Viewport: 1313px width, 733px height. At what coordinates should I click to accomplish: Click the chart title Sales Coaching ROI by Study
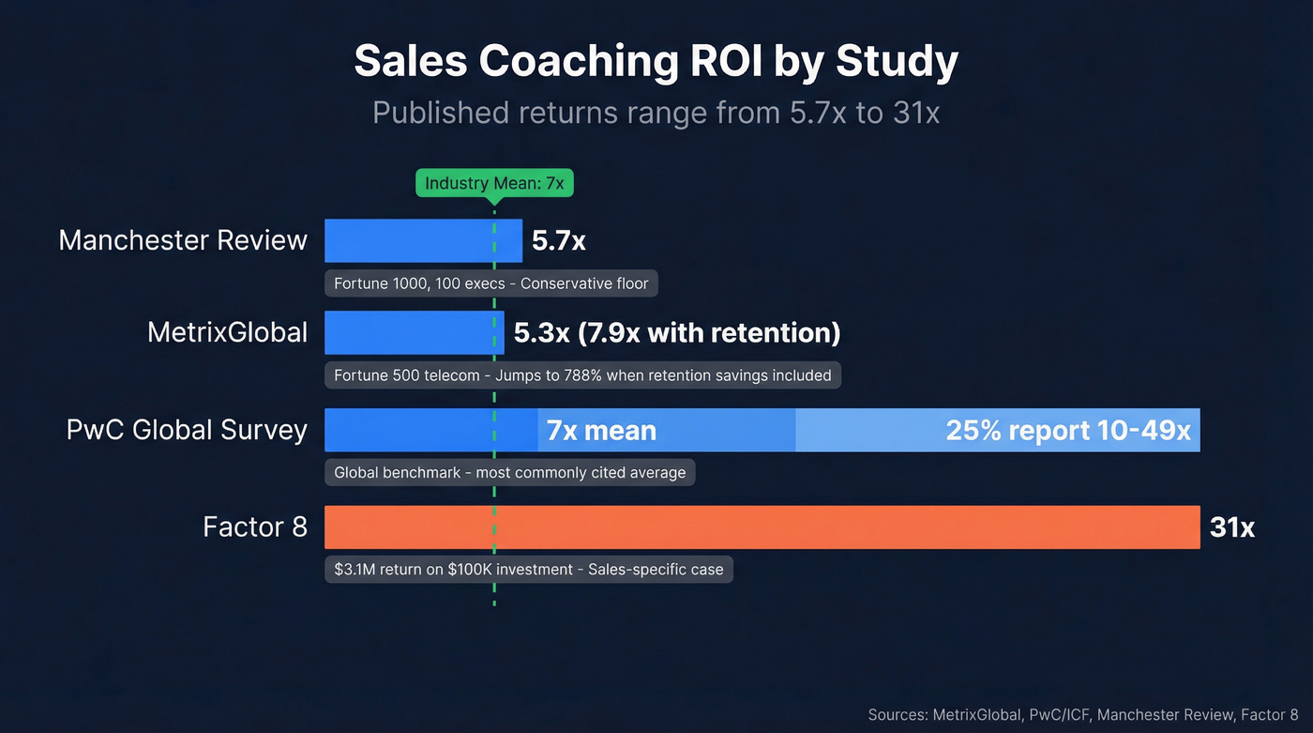656,62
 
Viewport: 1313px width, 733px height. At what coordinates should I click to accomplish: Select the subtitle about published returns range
656,113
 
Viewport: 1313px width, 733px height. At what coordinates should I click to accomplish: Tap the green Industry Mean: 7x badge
494,183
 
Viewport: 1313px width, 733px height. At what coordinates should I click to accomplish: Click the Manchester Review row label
183,240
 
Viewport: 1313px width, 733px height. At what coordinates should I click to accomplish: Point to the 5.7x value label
559,241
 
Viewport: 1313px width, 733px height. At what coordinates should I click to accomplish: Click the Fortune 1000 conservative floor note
491,283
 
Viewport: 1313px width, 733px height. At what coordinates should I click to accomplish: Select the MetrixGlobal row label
227,332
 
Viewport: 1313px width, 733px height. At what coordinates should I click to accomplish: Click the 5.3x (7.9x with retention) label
677,333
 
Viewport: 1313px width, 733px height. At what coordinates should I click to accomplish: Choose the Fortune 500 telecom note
582,375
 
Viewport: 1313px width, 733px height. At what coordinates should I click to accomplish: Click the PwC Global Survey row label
187,430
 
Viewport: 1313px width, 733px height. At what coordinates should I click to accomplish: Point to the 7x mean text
601,431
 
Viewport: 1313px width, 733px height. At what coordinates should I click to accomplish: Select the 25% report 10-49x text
1068,431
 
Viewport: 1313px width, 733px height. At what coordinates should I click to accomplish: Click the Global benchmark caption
510,472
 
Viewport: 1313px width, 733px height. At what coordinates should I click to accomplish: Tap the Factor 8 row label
255,527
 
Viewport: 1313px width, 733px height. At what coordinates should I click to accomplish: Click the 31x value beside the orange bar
1232,527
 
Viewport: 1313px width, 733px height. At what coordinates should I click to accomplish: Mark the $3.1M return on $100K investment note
529,569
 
